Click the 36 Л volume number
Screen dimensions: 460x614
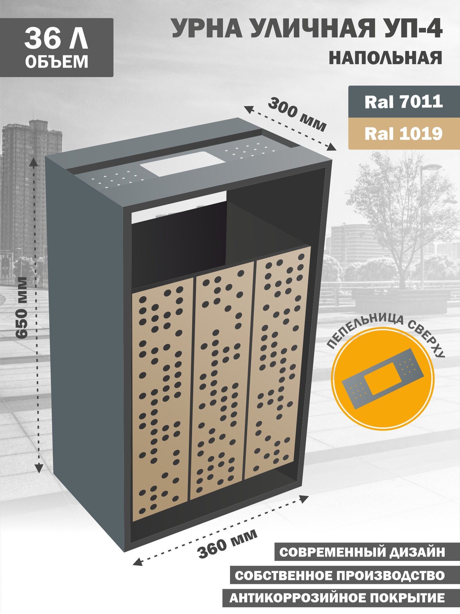(56, 38)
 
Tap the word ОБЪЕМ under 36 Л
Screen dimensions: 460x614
(57, 62)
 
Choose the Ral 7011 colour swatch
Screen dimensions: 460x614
(404, 102)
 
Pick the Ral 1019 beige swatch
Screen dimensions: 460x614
(404, 134)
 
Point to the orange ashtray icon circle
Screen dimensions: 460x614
(383, 379)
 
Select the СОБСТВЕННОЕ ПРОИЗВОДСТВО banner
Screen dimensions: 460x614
(345, 575)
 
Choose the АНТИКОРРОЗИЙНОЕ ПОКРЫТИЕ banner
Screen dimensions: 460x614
(341, 598)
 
